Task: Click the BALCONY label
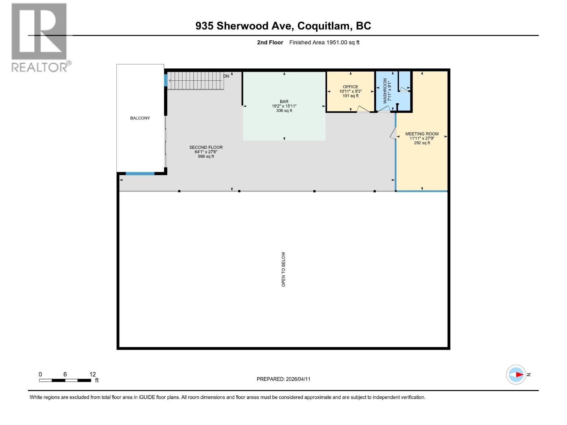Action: pyautogui.click(x=140, y=118)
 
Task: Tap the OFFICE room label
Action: pyautogui.click(x=350, y=87)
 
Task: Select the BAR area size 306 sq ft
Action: pyautogui.click(x=284, y=110)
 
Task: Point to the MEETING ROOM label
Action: pyautogui.click(x=422, y=134)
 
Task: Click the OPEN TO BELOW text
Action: pyautogui.click(x=283, y=269)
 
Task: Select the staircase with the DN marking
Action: pyautogui.click(x=196, y=81)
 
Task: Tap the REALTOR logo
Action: pyautogui.click(x=39, y=37)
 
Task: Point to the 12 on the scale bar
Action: pyautogui.click(x=92, y=374)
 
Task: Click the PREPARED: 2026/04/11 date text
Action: pyautogui.click(x=283, y=379)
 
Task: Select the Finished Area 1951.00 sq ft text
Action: pyautogui.click(x=324, y=42)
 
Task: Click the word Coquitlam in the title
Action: pyautogui.click(x=322, y=26)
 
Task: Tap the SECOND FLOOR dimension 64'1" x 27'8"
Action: pyautogui.click(x=206, y=152)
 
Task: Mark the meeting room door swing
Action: pyautogui.click(x=393, y=134)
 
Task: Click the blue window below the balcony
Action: pyautogui.click(x=140, y=174)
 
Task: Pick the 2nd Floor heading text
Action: pyautogui.click(x=270, y=42)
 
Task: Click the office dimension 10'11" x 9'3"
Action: pyautogui.click(x=350, y=91)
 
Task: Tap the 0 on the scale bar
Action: pyautogui.click(x=40, y=374)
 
